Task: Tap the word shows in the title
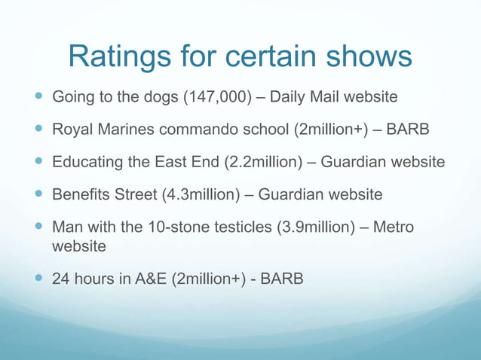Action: point(366,57)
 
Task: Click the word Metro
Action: point(394,227)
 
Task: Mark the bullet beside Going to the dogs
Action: point(37,97)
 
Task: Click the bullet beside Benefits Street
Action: point(37,195)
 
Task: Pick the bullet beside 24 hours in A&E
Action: point(37,279)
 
